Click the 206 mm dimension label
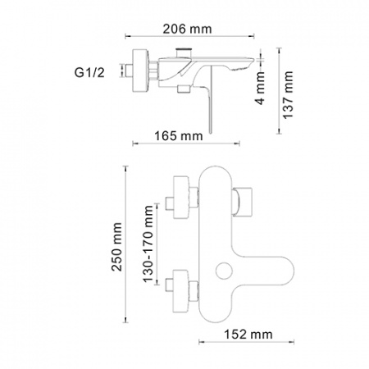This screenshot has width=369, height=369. pyautogui.click(x=187, y=29)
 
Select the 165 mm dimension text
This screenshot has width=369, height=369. pyautogui.click(x=179, y=136)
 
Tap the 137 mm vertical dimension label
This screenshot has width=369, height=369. pyautogui.click(x=288, y=95)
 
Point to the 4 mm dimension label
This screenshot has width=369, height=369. pyautogui.click(x=260, y=88)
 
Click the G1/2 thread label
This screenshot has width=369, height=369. pyautogui.click(x=89, y=73)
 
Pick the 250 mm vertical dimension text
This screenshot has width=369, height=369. pyautogui.click(x=116, y=247)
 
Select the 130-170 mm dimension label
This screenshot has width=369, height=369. pyautogui.click(x=148, y=244)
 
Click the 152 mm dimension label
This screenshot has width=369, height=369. pyautogui.click(x=248, y=335)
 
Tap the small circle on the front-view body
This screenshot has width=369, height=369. pyautogui.click(x=224, y=271)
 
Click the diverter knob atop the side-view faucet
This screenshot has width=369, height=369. pyautogui.click(x=183, y=52)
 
